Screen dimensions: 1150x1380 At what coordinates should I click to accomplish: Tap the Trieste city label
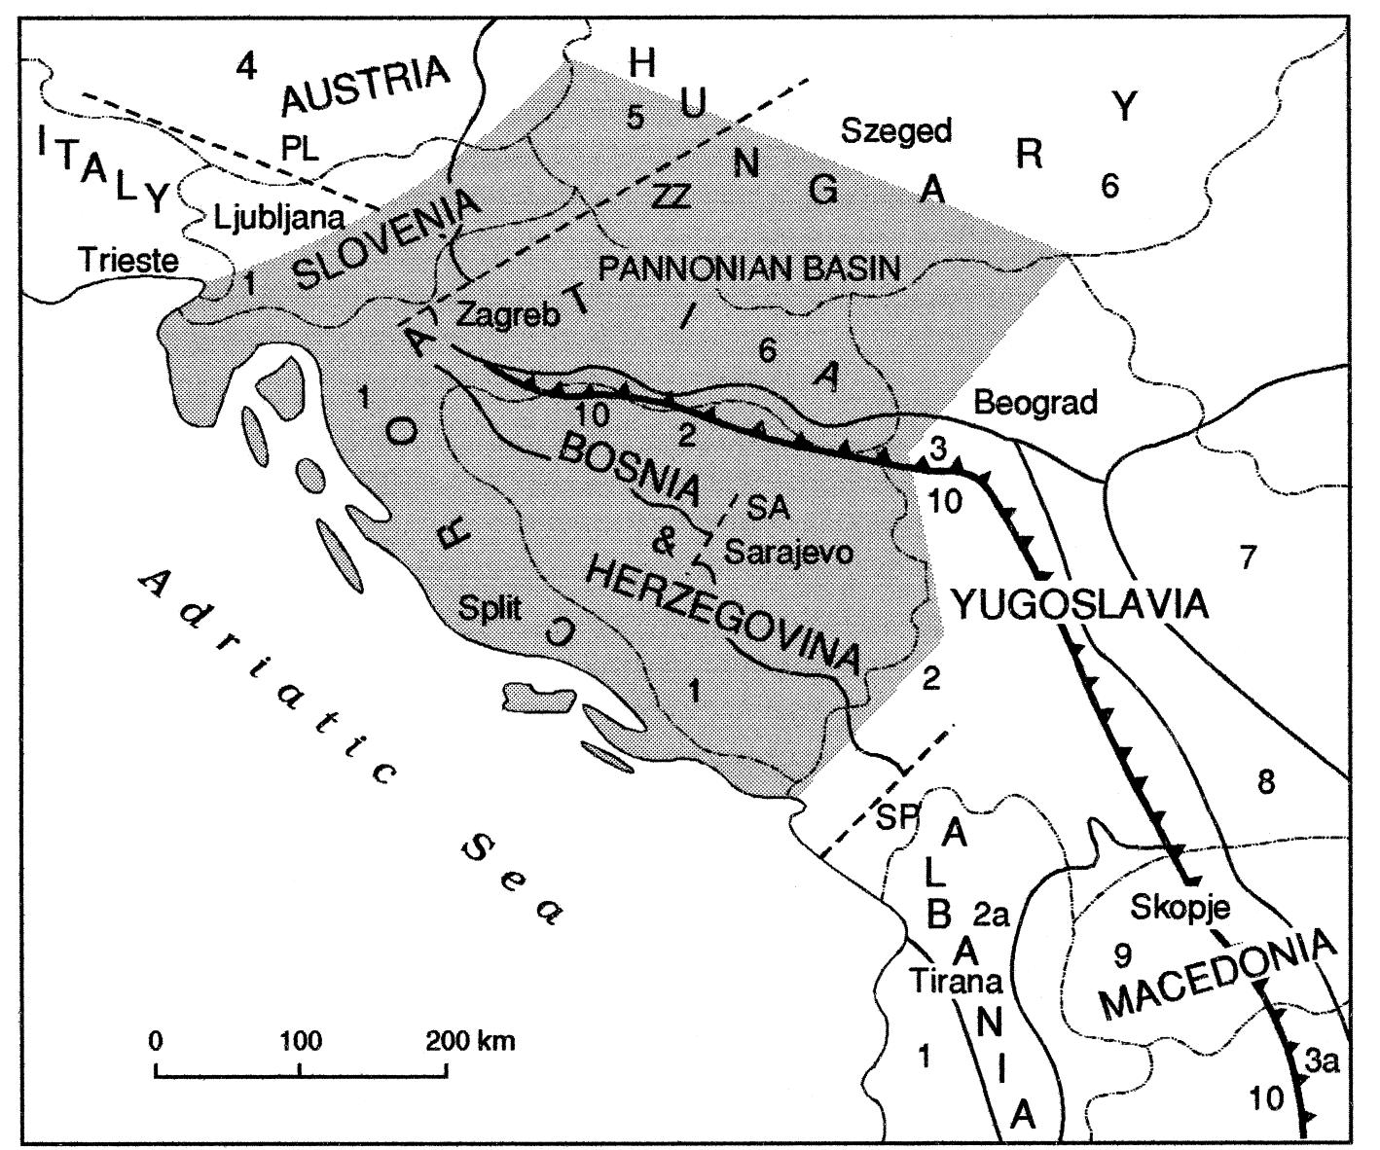pyautogui.click(x=129, y=261)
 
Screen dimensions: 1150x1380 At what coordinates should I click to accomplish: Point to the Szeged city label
pyautogui.click(x=896, y=130)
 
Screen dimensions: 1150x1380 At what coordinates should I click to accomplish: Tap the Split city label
pyautogui.click(x=490, y=609)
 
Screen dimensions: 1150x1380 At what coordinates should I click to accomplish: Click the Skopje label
pyautogui.click(x=1180, y=908)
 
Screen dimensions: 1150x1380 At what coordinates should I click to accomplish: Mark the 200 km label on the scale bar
pyautogui.click(x=470, y=1041)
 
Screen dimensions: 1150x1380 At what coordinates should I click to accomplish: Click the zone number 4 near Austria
pyautogui.click(x=247, y=66)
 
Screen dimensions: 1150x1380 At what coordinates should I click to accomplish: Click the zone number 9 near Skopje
pyautogui.click(x=1122, y=955)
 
